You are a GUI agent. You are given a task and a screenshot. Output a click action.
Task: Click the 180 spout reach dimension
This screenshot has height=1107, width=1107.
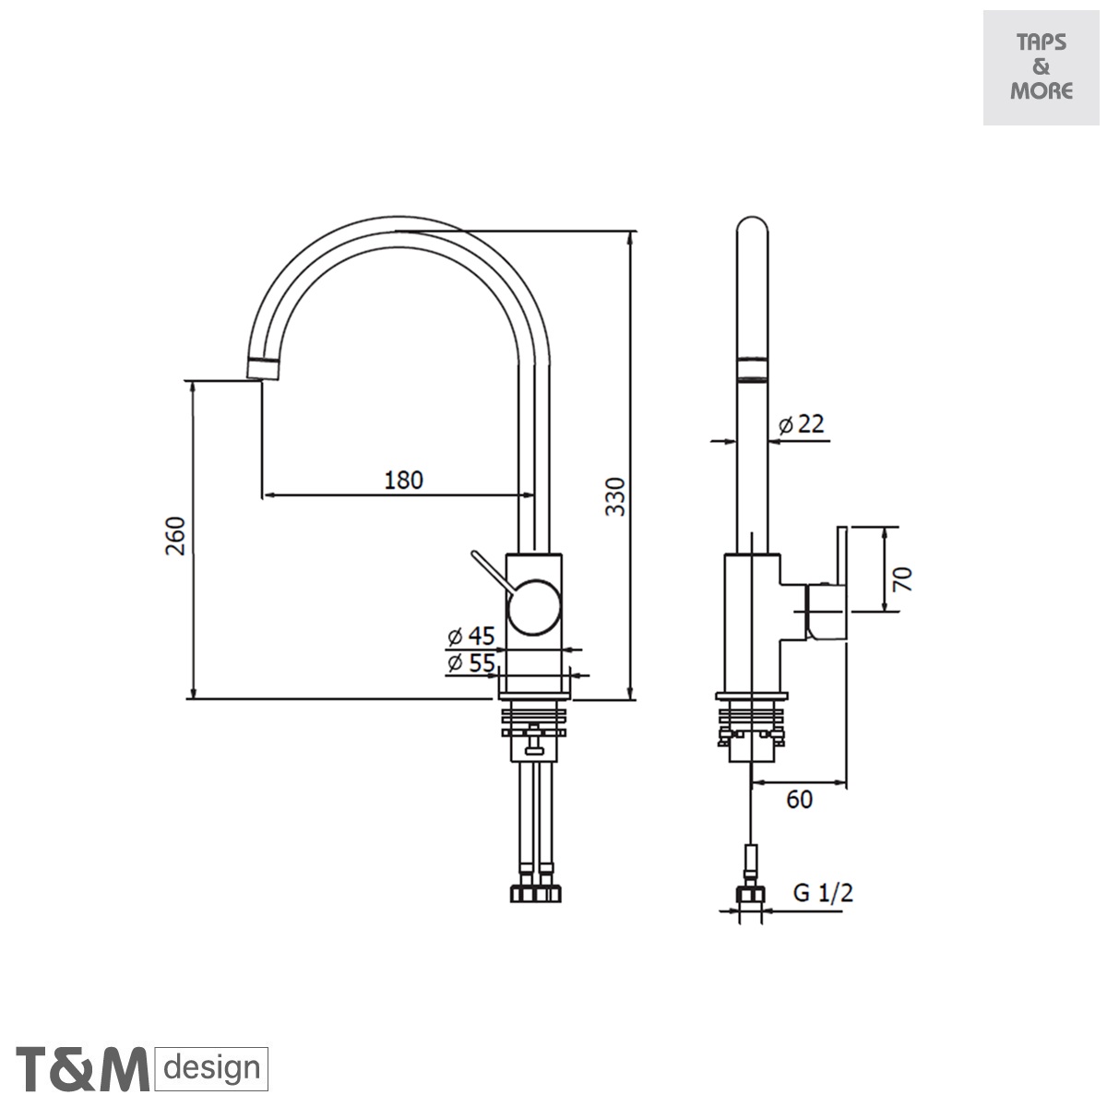click(x=403, y=480)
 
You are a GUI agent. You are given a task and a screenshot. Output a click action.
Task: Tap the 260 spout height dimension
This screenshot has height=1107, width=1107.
click(x=176, y=535)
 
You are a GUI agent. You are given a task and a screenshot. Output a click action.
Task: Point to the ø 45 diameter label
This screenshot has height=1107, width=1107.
click(x=470, y=636)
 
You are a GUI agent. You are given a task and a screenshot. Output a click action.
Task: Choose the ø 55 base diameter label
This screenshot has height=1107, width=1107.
click(x=470, y=662)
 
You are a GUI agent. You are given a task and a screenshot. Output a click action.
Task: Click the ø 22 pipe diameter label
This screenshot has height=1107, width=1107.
click(x=800, y=423)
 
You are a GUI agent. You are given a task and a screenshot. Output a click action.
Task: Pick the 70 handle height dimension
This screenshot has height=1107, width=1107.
click(x=903, y=578)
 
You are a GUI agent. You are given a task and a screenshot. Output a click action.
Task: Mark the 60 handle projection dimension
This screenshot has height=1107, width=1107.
click(x=799, y=800)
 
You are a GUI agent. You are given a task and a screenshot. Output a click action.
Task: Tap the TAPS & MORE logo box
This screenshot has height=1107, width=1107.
click(x=1041, y=67)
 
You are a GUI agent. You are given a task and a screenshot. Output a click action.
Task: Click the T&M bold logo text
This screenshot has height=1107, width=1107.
click(x=83, y=1069)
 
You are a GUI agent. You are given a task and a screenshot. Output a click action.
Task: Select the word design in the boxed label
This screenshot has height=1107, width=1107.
click(x=212, y=1069)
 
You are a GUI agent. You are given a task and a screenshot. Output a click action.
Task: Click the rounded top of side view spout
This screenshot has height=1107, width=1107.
click(x=753, y=231)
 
